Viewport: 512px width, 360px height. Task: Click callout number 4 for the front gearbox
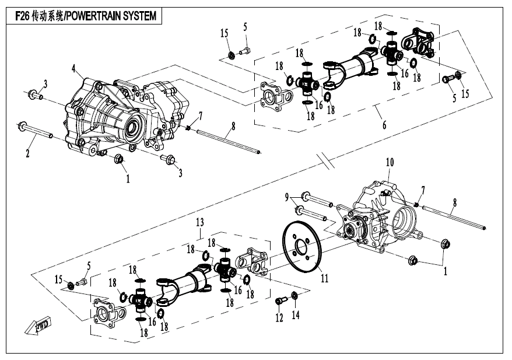(x=74, y=69)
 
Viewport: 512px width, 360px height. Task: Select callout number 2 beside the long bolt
(x=27, y=154)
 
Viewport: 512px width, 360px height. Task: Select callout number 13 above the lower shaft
(x=199, y=222)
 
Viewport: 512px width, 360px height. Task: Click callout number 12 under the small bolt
(x=279, y=318)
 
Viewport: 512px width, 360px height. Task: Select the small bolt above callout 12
(x=280, y=302)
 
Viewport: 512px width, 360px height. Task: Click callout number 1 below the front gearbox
(x=128, y=179)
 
